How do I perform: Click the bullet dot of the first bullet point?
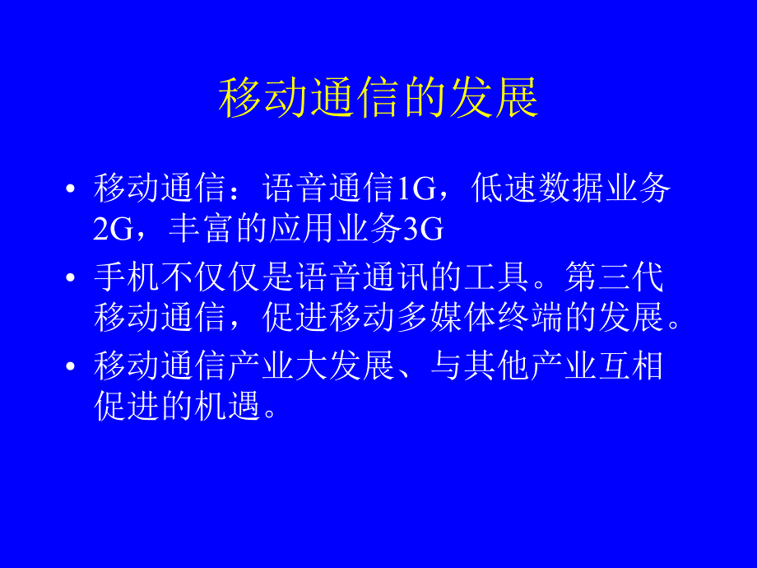pyautogui.click(x=71, y=190)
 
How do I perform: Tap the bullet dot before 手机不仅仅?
pyautogui.click(x=71, y=278)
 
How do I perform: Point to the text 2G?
pyautogui.click(x=113, y=230)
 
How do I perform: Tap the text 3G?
pyautogui.click(x=424, y=230)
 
